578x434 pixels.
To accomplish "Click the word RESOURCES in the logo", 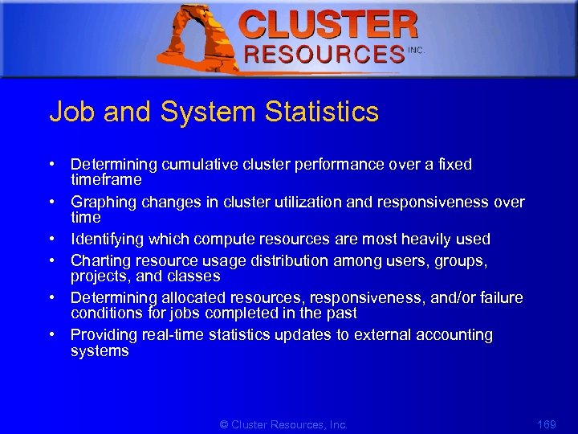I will tap(324, 55).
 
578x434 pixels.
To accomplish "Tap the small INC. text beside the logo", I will tap(417, 50).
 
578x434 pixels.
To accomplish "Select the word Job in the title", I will tap(70, 112).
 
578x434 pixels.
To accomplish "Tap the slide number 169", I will tap(546, 424).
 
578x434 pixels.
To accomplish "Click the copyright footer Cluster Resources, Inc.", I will tap(284, 424).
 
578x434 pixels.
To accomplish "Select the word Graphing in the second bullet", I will tap(104, 202).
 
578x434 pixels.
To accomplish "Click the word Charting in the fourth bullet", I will tap(100, 260).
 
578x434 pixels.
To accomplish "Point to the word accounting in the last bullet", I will tap(456, 334).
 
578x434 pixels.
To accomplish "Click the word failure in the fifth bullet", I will tap(498, 298).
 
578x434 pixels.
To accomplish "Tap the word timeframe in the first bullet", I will tap(106, 179).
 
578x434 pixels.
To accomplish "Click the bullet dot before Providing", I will tap(51, 334).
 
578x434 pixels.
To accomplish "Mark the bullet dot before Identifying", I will tap(51, 239).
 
